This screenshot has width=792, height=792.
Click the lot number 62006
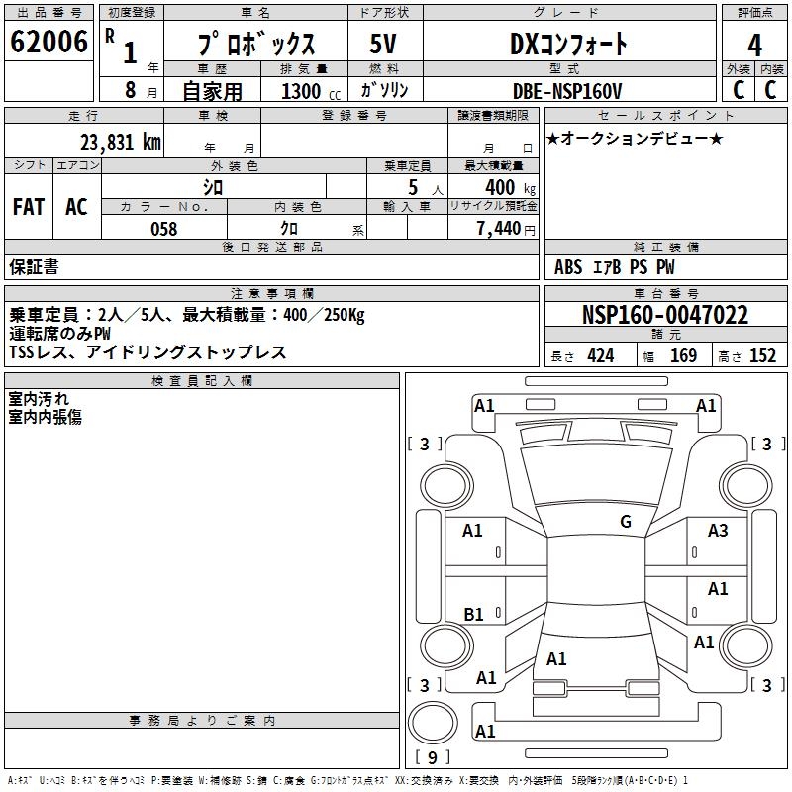49,43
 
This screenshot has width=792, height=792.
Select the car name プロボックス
255,45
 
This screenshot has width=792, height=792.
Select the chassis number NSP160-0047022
664,316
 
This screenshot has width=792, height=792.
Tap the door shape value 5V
385,45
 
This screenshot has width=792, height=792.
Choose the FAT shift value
29,206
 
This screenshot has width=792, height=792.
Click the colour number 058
163,229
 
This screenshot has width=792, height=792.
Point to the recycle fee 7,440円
505,229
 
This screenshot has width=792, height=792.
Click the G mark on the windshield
625,522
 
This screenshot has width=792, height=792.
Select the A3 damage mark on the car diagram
718,531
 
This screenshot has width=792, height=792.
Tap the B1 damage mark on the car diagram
473,615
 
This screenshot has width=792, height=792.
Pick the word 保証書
34,267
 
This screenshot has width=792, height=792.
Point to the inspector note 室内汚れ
39,399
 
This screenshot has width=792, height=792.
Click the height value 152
762,356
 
